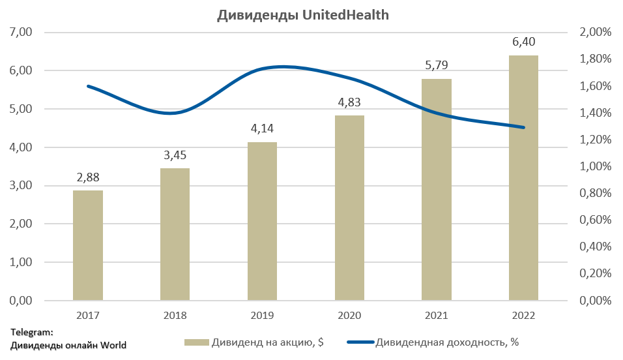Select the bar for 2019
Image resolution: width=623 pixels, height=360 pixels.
tap(262, 221)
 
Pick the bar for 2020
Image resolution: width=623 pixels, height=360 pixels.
tap(349, 208)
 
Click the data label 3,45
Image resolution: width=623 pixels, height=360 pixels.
tap(175, 157)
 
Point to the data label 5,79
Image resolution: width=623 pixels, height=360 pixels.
tap(436, 66)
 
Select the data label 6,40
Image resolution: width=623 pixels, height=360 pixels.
tap(523, 42)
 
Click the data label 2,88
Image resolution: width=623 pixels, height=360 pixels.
tap(87, 177)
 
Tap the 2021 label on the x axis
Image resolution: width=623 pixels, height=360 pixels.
tap(436, 316)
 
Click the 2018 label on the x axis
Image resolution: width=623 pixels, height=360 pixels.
tap(175, 316)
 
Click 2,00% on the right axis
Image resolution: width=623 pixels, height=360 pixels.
tap(595, 32)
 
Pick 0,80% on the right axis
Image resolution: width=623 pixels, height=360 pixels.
tap(595, 194)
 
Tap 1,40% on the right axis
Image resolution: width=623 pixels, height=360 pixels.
tap(595, 113)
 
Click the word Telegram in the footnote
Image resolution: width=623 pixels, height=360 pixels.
tap(32, 332)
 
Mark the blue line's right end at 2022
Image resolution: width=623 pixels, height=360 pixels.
tap(523, 127)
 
